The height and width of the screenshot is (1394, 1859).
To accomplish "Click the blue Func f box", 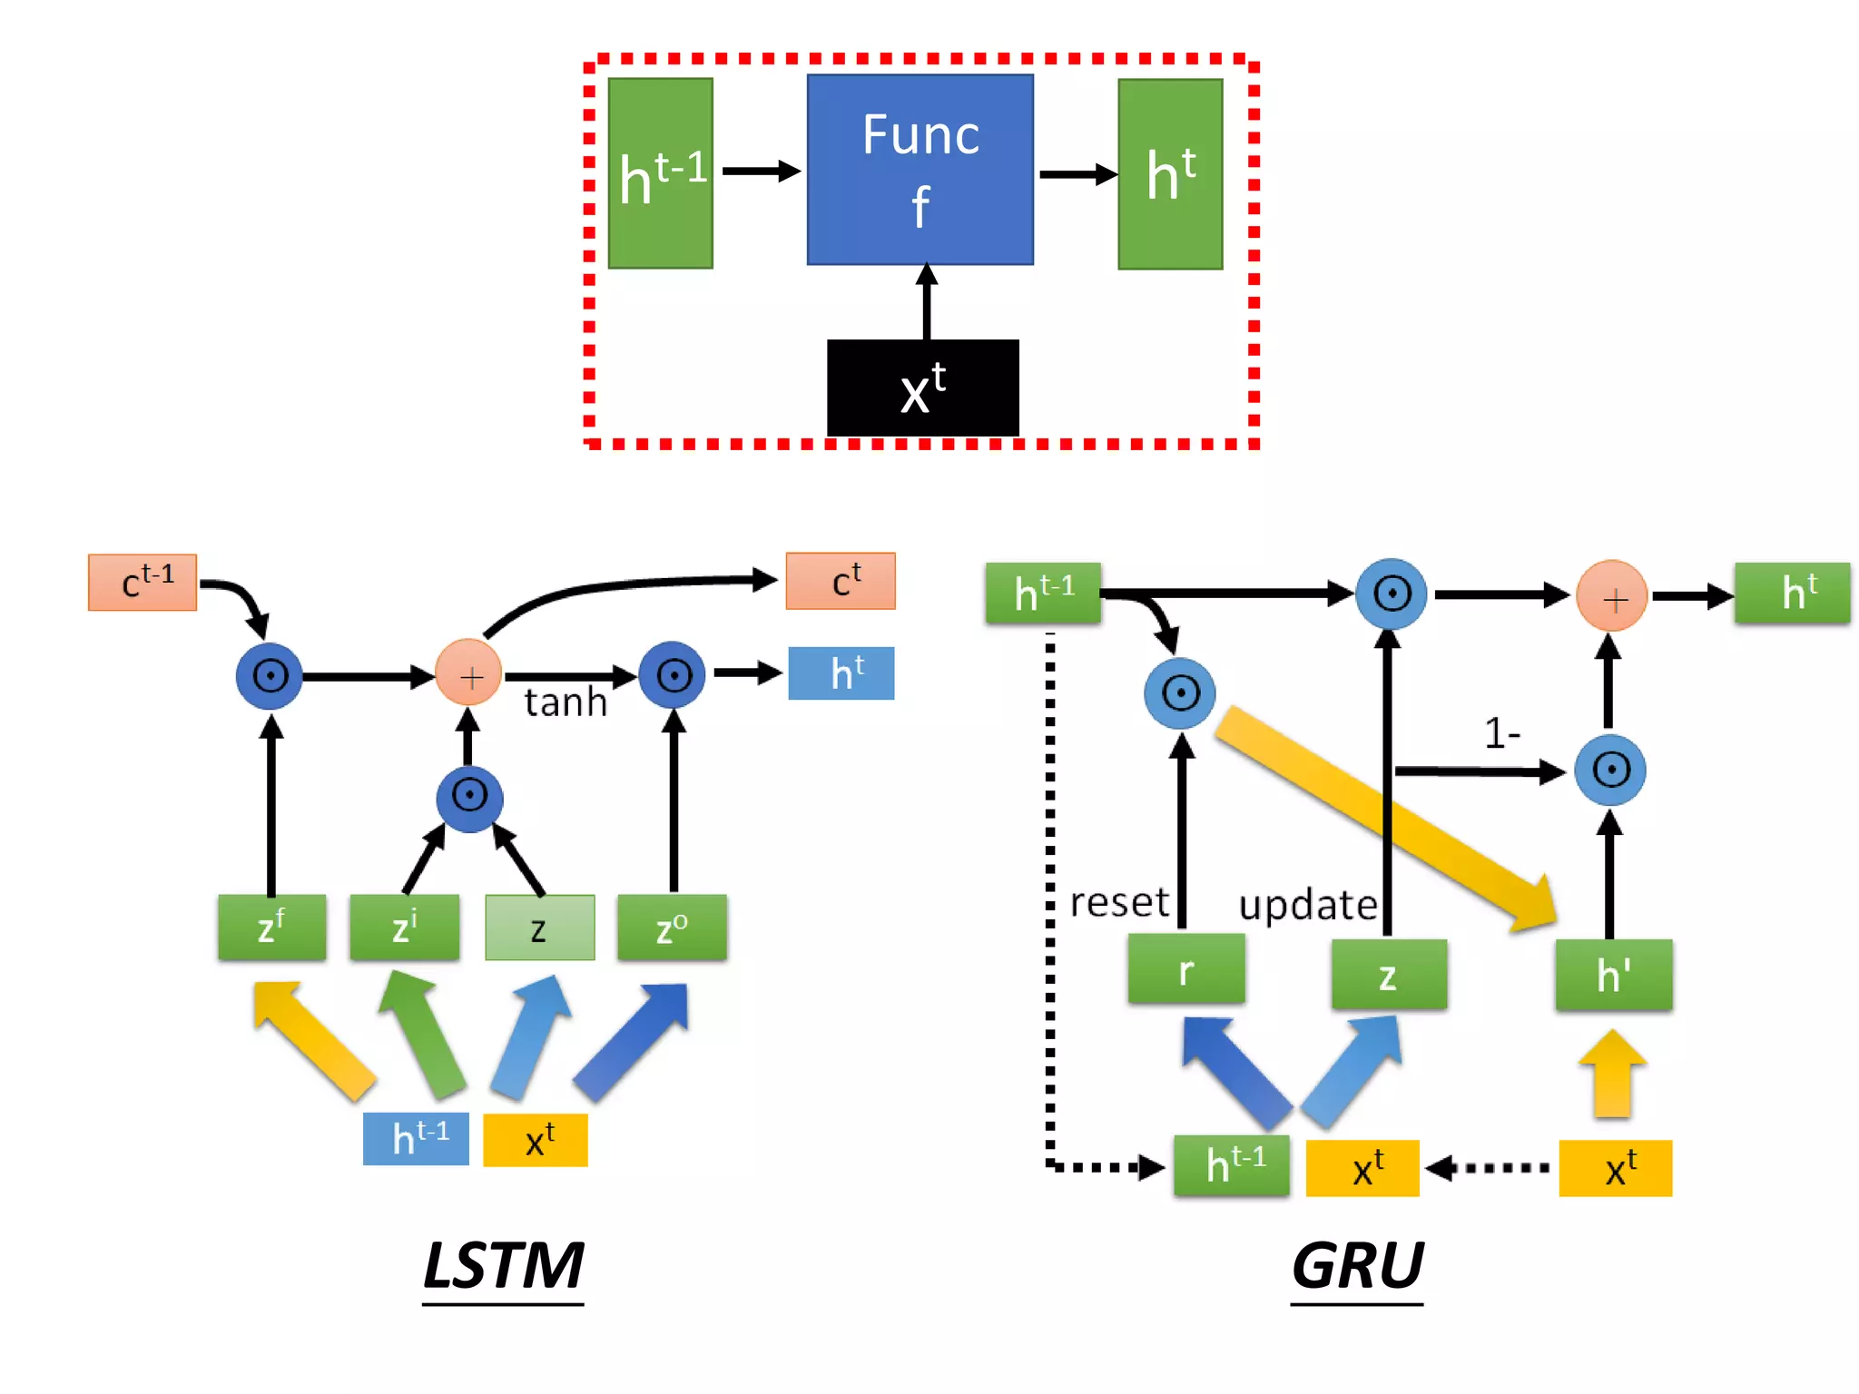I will pyautogui.click(x=920, y=170).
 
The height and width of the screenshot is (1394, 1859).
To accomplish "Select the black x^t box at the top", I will pyautogui.click(x=922, y=388).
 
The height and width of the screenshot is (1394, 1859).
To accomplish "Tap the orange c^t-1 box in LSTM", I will pyautogui.click(x=143, y=582).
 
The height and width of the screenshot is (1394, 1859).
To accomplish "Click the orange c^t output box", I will pyautogui.click(x=841, y=581).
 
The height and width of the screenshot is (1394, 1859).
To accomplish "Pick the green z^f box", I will pyautogui.click(x=271, y=928).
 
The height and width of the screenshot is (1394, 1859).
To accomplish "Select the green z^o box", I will pyautogui.click(x=672, y=928).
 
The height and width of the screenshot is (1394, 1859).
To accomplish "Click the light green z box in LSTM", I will pyautogui.click(x=539, y=928).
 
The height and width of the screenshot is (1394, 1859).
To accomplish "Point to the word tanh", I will pyautogui.click(x=565, y=702).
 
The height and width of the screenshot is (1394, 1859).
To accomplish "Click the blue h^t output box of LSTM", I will pyautogui.click(x=841, y=673).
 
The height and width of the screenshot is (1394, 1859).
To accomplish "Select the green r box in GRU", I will pyautogui.click(x=1185, y=970).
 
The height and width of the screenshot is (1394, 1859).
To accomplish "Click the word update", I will pyautogui.click(x=1307, y=905).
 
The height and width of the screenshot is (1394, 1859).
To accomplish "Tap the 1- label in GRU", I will pyautogui.click(x=1501, y=732).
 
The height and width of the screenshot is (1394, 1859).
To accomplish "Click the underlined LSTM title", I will pyautogui.click(x=503, y=1266).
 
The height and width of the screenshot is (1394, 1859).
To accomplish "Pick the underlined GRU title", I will pyautogui.click(x=1357, y=1266).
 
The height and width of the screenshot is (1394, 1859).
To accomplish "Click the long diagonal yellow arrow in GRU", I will pyautogui.click(x=1384, y=817).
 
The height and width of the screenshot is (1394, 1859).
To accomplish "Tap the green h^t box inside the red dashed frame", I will pyautogui.click(x=1170, y=174).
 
